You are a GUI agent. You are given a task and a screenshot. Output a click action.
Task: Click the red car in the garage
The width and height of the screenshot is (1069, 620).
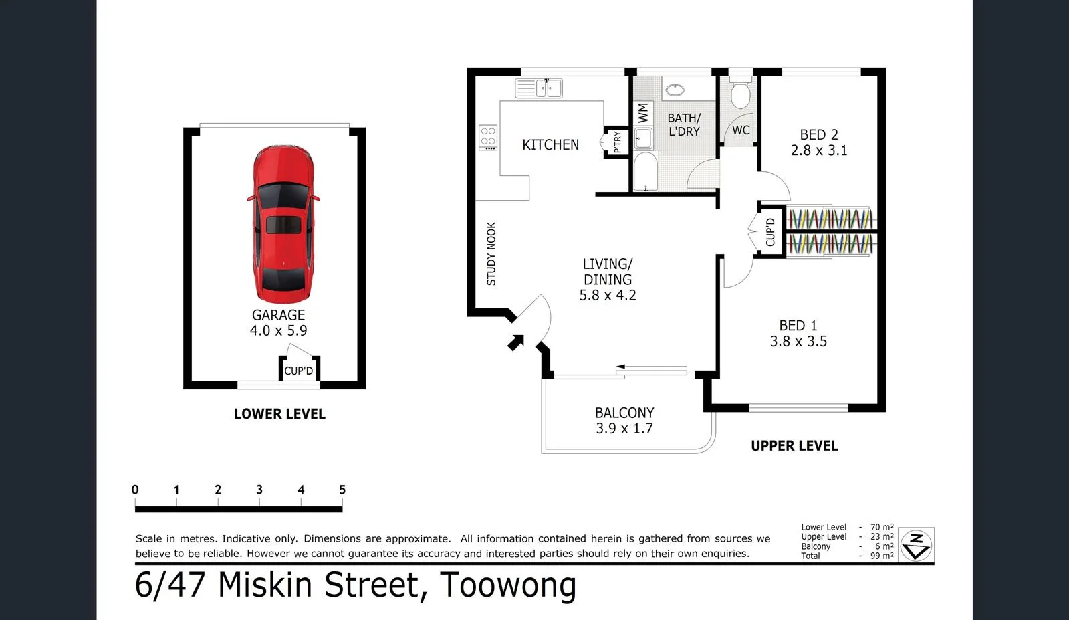coord(283,224)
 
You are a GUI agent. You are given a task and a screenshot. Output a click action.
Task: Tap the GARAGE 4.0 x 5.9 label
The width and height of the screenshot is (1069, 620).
coord(278,322)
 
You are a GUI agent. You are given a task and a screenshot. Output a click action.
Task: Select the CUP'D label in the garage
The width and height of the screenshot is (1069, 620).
coord(298,371)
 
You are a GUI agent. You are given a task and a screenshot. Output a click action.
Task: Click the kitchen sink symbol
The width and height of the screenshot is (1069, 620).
coord(539,88)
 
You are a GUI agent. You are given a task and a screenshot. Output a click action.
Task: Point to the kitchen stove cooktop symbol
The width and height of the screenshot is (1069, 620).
coord(487,137)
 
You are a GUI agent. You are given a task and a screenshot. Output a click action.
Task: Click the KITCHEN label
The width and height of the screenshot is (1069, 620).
coord(550,144)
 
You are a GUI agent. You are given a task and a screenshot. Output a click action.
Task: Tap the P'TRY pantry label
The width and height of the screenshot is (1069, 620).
coord(617,142)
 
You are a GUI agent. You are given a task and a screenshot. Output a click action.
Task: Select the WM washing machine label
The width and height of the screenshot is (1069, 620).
coord(643,112)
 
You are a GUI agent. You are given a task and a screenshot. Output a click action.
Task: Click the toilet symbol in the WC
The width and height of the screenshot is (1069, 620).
coord(740,94)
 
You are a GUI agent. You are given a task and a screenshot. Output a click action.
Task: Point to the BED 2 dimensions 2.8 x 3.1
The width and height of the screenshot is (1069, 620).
coord(818,150)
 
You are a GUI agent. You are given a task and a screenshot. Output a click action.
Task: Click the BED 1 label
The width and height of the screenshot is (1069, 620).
coord(798,326)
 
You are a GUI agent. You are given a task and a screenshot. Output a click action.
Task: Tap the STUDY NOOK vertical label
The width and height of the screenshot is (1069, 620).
coord(491,254)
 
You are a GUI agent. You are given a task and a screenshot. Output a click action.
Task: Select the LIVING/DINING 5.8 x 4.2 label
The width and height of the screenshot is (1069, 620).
coord(607,280)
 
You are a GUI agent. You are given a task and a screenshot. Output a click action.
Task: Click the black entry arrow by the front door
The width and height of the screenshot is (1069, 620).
coord(515,343)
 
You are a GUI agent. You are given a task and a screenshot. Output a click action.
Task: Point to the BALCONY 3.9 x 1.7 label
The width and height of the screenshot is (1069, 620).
coord(624,421)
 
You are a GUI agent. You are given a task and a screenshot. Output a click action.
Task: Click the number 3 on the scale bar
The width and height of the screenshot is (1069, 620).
coord(259,490)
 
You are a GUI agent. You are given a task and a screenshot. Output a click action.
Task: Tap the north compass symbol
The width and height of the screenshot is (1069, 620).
coord(916,546)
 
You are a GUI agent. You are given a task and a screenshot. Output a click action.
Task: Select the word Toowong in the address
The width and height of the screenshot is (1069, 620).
coord(507,585)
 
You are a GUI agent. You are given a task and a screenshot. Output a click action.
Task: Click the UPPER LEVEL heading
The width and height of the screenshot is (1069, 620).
coord(794,446)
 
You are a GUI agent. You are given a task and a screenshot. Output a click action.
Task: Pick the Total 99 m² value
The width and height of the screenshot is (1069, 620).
coord(882,556)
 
